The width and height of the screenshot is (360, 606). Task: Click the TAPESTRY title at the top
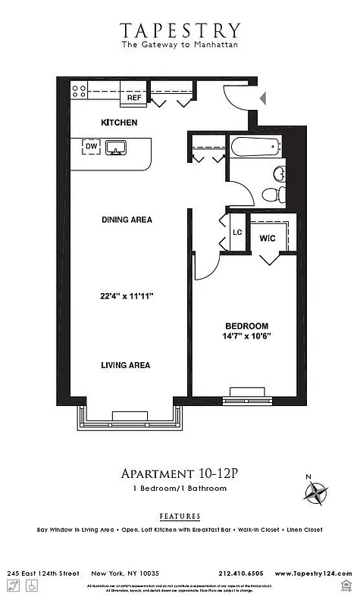180,30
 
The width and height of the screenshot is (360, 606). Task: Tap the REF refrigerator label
134,98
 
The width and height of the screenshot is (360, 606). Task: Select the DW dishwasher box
91,147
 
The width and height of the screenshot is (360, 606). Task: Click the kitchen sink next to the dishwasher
116,147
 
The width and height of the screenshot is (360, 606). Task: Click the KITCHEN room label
119,122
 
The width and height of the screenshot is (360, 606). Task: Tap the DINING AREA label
127,220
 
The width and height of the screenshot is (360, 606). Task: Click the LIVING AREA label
126,365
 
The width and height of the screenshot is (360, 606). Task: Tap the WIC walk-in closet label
267,238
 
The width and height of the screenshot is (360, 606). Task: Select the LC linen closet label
236,233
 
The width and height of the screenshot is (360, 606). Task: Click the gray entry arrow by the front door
263,98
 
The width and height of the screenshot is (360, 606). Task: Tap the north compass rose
315,494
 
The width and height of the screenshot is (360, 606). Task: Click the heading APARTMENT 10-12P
180,473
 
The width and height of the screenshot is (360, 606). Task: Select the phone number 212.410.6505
241,573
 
